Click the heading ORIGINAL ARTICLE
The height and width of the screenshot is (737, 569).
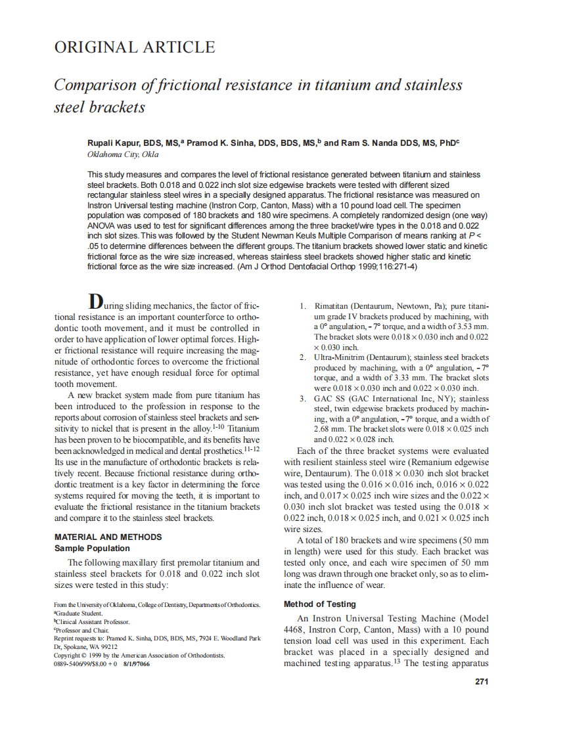pos(134,47)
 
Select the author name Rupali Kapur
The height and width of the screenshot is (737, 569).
pos(114,143)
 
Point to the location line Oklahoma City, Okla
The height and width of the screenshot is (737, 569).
pos(123,154)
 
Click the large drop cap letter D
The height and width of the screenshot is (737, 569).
pos(95,301)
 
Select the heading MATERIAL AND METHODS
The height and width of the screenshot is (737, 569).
pos(108,537)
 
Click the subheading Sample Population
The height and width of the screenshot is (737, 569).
pos(92,548)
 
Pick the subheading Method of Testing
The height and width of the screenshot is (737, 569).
pos(319,604)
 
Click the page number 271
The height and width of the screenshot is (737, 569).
pos(481,681)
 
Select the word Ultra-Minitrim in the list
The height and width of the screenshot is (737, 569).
pos(339,357)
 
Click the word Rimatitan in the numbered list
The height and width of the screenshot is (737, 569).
pos(334,306)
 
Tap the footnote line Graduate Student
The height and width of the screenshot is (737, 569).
pos(78,613)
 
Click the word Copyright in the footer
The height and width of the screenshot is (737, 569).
pos(68,655)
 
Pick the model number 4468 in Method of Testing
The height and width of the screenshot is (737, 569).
pos(294,629)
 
